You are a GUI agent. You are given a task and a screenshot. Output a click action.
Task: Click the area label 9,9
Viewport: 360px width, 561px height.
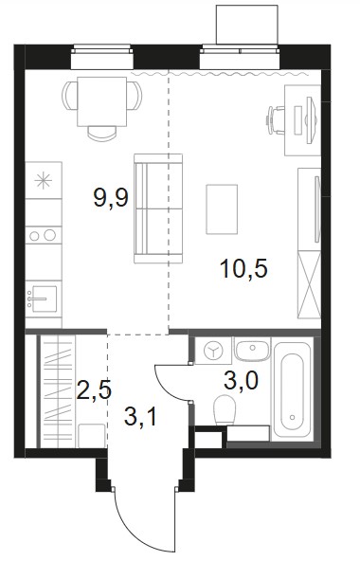(x=111, y=198)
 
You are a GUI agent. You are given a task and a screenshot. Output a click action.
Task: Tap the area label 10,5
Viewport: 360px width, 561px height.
(x=244, y=268)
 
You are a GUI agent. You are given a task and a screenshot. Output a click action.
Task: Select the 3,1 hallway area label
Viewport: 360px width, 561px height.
(x=140, y=417)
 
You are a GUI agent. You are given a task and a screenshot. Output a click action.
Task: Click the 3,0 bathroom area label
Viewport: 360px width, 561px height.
(x=241, y=381)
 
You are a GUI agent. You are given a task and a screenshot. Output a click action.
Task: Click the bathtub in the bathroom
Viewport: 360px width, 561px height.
(x=293, y=391)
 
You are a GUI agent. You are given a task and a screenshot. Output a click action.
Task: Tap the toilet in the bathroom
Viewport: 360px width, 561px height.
(x=225, y=410)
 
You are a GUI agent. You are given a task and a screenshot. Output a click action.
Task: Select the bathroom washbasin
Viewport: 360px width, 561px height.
(x=252, y=349)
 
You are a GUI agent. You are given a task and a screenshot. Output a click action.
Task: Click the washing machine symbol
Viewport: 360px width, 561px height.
(x=213, y=351)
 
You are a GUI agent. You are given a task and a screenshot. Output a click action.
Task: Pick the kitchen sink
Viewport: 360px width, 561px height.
(x=43, y=299)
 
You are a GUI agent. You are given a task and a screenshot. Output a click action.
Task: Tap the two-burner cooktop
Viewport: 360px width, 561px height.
(x=44, y=235)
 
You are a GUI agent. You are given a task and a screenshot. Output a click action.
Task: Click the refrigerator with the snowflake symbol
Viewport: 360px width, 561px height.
(x=44, y=180)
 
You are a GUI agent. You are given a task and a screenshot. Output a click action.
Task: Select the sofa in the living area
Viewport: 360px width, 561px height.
(x=158, y=208)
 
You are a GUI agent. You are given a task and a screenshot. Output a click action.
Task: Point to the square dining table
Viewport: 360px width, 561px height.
(x=102, y=101)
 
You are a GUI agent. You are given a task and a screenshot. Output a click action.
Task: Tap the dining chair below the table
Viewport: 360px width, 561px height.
(x=102, y=133)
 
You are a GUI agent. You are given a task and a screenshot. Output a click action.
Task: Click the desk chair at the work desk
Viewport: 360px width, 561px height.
(x=275, y=120)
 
